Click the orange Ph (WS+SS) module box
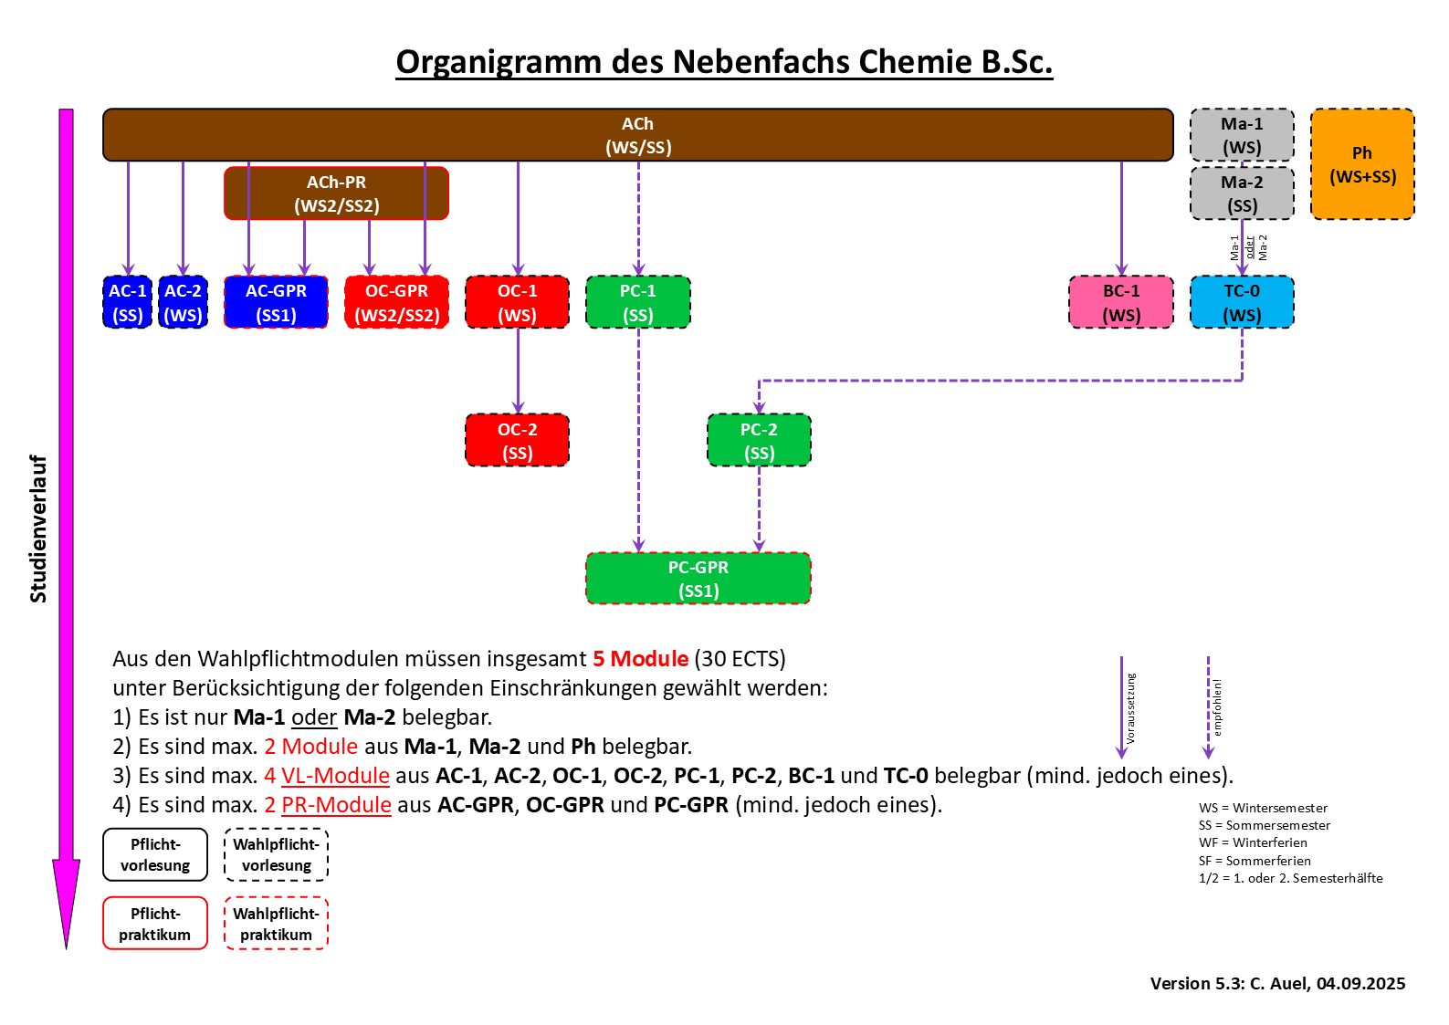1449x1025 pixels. [1361, 164]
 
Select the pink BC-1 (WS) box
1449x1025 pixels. [1120, 302]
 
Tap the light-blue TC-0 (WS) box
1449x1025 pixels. [1242, 302]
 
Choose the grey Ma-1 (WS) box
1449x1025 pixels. [1242, 135]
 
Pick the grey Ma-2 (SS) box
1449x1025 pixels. [1242, 193]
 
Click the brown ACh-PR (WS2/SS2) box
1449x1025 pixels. [336, 193]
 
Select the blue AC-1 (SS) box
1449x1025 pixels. [128, 302]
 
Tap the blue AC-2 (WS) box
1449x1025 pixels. [183, 302]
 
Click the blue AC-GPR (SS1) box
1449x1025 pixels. [276, 302]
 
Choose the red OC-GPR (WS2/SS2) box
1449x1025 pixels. [396, 302]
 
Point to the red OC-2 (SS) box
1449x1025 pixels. [517, 441]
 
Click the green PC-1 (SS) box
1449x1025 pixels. [637, 302]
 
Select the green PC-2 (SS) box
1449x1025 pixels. [759, 441]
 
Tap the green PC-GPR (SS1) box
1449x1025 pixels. [698, 579]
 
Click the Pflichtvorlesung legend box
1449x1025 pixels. [155, 854]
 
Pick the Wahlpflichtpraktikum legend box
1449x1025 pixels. [276, 924]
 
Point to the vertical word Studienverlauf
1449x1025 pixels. [38, 528]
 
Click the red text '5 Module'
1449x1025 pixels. [640, 659]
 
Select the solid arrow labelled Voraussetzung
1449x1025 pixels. [1121, 707]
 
